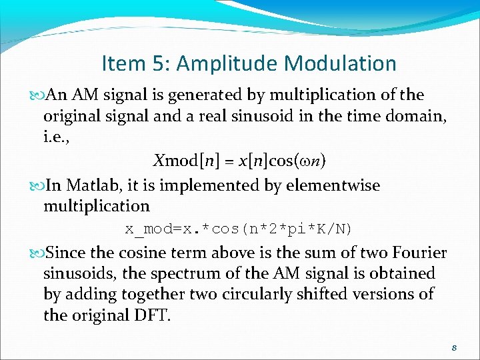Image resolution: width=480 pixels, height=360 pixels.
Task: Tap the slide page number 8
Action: (x=453, y=348)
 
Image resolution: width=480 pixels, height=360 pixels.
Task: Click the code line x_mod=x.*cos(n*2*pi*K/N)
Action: (x=239, y=229)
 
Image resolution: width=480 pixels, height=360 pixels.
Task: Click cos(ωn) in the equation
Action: (x=298, y=161)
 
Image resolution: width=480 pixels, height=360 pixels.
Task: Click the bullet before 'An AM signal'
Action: (x=35, y=95)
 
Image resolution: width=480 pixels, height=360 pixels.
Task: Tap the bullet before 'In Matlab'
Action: (x=35, y=185)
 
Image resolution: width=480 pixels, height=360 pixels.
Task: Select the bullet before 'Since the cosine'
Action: (x=35, y=253)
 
